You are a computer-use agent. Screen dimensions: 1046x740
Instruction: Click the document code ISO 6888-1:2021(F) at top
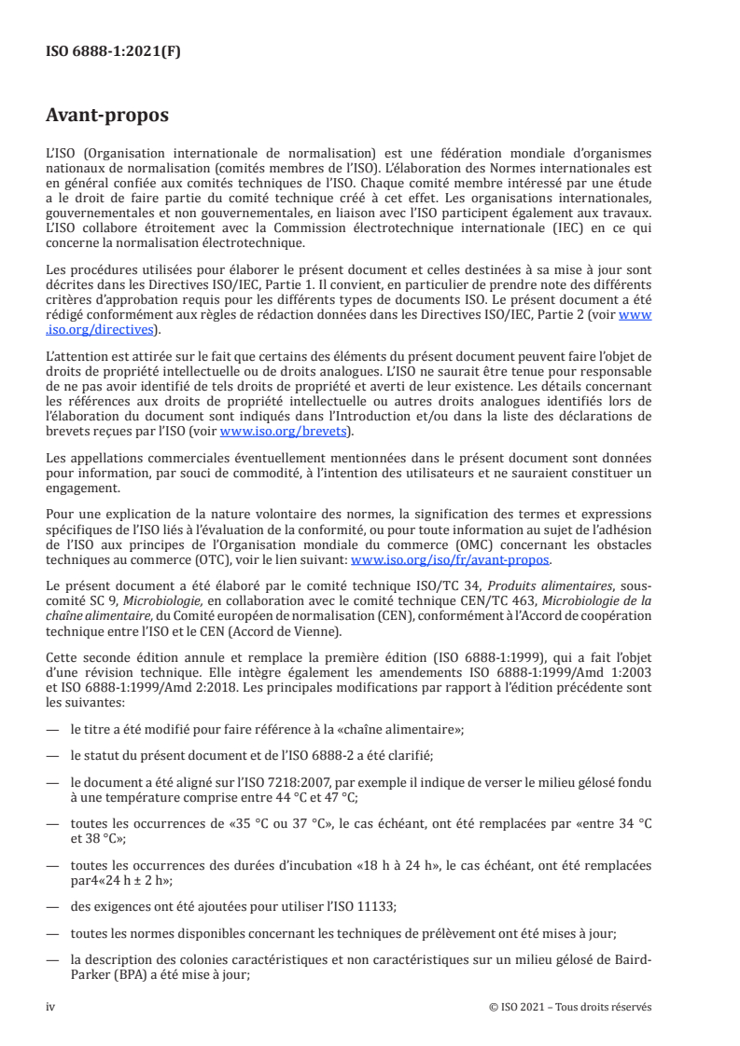pos(113,52)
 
